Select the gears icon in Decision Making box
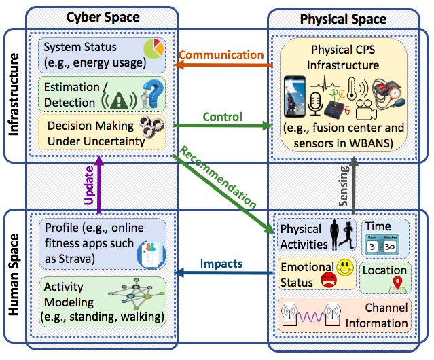[x=151, y=132]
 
